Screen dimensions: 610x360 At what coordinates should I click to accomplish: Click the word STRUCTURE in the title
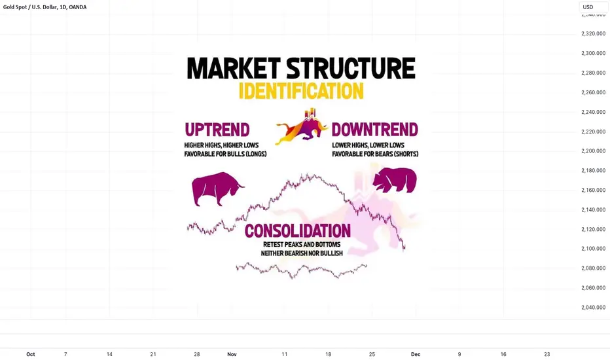[351, 69]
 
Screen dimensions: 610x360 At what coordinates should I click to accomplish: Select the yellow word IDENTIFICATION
[301, 91]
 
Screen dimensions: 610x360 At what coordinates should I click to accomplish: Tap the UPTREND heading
[217, 130]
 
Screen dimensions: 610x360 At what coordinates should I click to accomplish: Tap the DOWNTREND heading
[374, 130]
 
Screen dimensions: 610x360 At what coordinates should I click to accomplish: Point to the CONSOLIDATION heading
[298, 231]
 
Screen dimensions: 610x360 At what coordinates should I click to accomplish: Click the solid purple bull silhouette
[217, 189]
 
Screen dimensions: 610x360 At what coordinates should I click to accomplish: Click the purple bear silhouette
[395, 180]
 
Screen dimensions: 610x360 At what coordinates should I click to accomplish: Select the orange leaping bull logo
[302, 127]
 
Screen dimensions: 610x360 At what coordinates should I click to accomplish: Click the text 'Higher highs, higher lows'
[221, 145]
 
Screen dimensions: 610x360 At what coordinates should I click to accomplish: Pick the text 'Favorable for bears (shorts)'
[375, 154]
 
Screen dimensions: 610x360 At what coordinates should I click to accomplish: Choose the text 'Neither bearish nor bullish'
[302, 253]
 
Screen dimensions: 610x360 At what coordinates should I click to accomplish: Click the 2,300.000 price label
[593, 53]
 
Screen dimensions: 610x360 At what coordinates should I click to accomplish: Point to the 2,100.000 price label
[593, 249]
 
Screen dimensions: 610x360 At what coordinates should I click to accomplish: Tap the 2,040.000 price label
[593, 308]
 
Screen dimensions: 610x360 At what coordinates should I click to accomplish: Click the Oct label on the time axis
[30, 354]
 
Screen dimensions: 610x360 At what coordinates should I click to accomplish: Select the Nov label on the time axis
[232, 354]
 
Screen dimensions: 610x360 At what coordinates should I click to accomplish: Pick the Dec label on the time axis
[416, 354]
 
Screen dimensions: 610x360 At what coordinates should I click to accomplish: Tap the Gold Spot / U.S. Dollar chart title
[45, 7]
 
